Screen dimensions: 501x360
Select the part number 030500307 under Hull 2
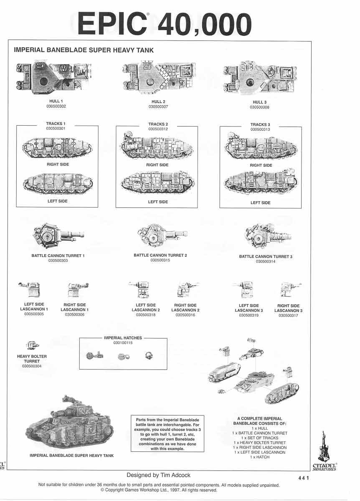click(x=158, y=107)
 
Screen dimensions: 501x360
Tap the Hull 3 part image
click(x=260, y=79)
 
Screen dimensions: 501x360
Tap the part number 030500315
click(x=160, y=260)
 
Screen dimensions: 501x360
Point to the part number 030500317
click(x=288, y=316)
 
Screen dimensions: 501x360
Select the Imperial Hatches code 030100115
click(x=123, y=343)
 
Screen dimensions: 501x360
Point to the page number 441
click(x=304, y=478)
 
